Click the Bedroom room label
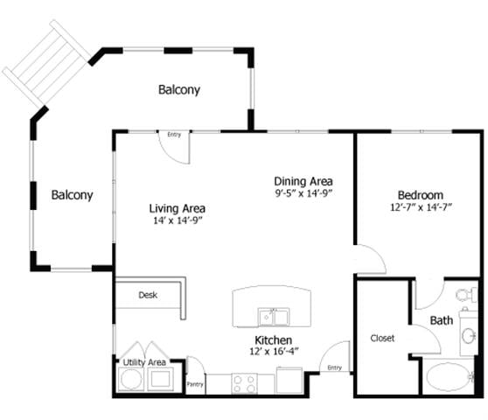(x=421, y=195)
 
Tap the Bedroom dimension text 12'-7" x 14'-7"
(x=421, y=207)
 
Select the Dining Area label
(x=303, y=181)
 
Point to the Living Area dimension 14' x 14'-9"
(x=178, y=220)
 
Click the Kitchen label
(x=273, y=340)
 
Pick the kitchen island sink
(x=274, y=317)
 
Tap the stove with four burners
(x=244, y=383)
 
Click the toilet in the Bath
(x=466, y=294)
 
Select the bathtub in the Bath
(x=450, y=377)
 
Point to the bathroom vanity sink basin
(x=469, y=336)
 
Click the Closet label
(x=382, y=338)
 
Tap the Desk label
(x=148, y=295)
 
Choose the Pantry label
(x=195, y=384)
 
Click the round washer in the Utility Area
(x=131, y=379)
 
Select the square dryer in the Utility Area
(x=161, y=379)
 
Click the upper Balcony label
(x=179, y=89)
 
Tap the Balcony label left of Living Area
(x=73, y=195)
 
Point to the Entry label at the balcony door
(x=174, y=135)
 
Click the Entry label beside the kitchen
(x=335, y=367)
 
